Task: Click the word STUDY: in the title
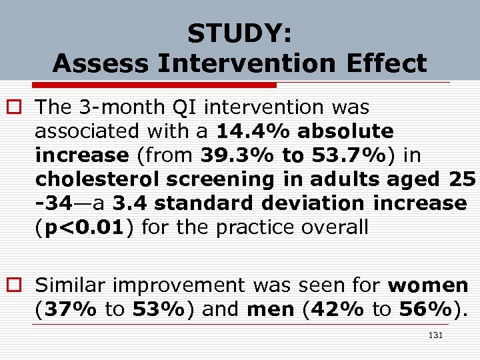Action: point(239,33)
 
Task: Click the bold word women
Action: point(428,286)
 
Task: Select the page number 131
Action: point(435,337)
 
